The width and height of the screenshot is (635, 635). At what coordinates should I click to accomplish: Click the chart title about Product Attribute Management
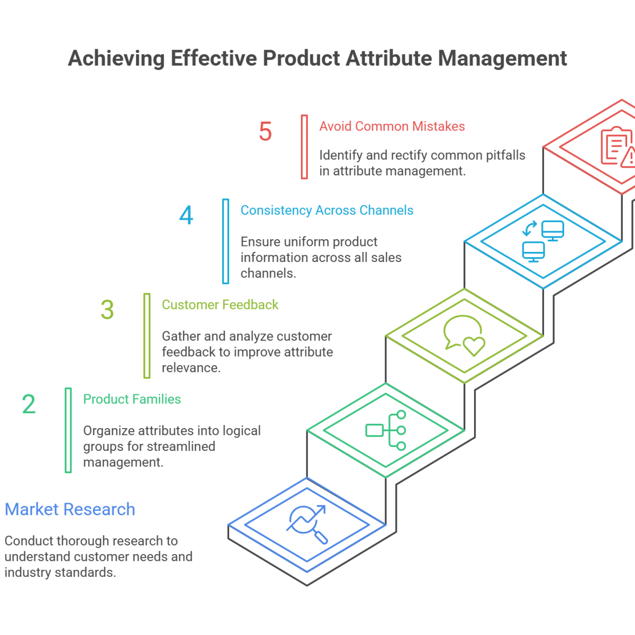[317, 58]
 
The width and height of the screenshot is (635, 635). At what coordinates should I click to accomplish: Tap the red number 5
[265, 132]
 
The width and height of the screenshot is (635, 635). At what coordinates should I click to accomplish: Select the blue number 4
[186, 216]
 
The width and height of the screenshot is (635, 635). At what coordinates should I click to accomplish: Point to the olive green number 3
[107, 310]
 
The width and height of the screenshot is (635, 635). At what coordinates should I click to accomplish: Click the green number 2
[29, 404]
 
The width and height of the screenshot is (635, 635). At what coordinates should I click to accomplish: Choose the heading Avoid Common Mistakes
[392, 126]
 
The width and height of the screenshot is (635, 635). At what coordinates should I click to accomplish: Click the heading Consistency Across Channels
[327, 210]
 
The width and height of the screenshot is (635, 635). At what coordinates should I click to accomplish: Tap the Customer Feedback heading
[220, 305]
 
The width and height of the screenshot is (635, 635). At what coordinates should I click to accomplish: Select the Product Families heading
[132, 399]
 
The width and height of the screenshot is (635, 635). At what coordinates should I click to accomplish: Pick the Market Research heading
[70, 510]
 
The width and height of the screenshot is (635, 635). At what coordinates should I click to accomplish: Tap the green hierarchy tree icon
[386, 430]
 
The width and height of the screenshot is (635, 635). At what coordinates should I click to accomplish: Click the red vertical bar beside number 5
[304, 147]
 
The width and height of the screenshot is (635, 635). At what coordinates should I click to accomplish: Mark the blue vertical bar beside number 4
[226, 241]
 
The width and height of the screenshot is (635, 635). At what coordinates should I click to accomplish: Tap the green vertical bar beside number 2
[68, 430]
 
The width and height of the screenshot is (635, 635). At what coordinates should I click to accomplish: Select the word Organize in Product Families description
[107, 431]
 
